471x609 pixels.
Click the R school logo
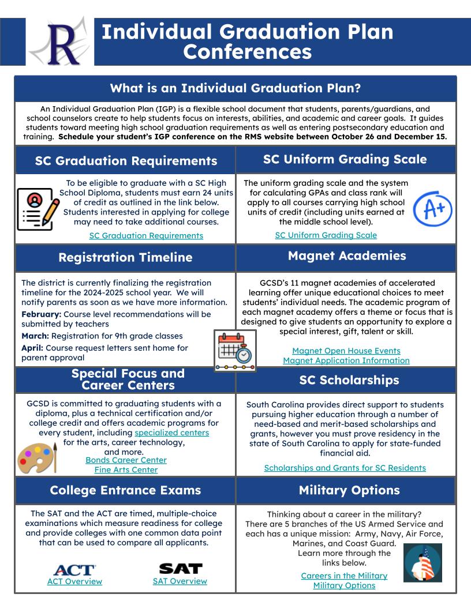59,42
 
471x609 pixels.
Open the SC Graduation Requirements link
146,235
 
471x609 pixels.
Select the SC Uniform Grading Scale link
326,235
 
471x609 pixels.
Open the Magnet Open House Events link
346,351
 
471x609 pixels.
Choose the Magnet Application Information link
346,360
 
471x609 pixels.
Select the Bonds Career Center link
126,460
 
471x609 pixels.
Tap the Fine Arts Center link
126,470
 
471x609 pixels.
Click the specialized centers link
172,432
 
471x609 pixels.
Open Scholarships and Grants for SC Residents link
345,468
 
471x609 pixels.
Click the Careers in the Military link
344,576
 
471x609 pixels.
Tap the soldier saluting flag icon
422,563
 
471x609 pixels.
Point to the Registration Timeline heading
125,258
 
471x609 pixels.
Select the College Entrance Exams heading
125,491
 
